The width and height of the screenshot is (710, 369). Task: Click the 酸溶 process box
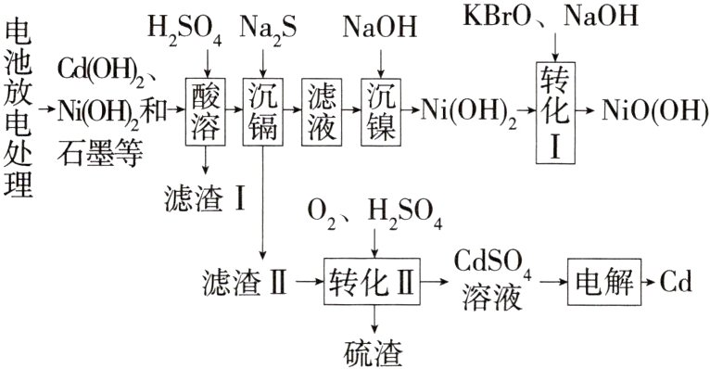coord(203,109)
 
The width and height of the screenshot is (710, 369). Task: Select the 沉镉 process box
coord(264,109)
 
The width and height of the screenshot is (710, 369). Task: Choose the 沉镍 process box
coord(381,109)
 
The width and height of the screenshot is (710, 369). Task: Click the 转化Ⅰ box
coord(554,109)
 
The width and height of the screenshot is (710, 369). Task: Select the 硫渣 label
coord(373,351)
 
